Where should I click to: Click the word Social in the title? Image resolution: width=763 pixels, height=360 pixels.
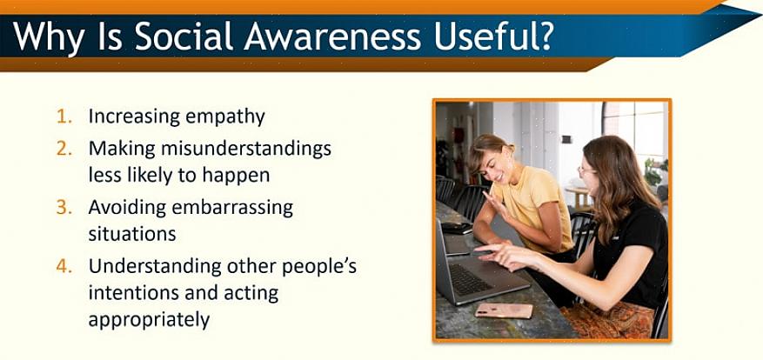click(x=184, y=36)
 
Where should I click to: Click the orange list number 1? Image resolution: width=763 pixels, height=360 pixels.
click(x=64, y=117)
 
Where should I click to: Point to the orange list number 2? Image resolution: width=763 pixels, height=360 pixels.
click(x=64, y=150)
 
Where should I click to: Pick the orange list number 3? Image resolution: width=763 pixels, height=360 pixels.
click(x=64, y=208)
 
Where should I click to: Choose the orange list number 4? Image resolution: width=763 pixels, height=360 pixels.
click(x=64, y=266)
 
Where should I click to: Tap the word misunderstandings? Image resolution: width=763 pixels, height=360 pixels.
click(x=246, y=150)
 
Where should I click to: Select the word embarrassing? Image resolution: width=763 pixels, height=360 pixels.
click(x=232, y=208)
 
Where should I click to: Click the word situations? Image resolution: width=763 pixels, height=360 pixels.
click(x=132, y=235)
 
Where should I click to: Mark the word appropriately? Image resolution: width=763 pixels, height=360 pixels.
click(x=149, y=321)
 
